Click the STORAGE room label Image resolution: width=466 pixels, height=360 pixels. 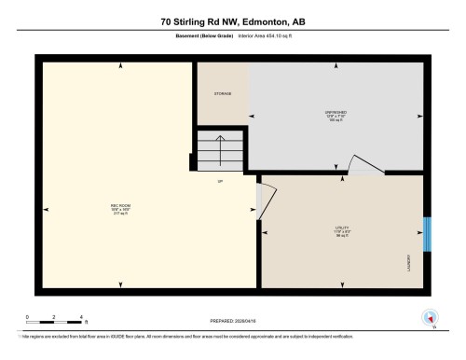tap(221, 94)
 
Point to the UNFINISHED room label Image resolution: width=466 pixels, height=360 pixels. tap(336, 114)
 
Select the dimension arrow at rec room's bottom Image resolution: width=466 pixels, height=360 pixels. tap(119, 284)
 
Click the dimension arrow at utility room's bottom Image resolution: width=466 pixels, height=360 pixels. tap(341, 284)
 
